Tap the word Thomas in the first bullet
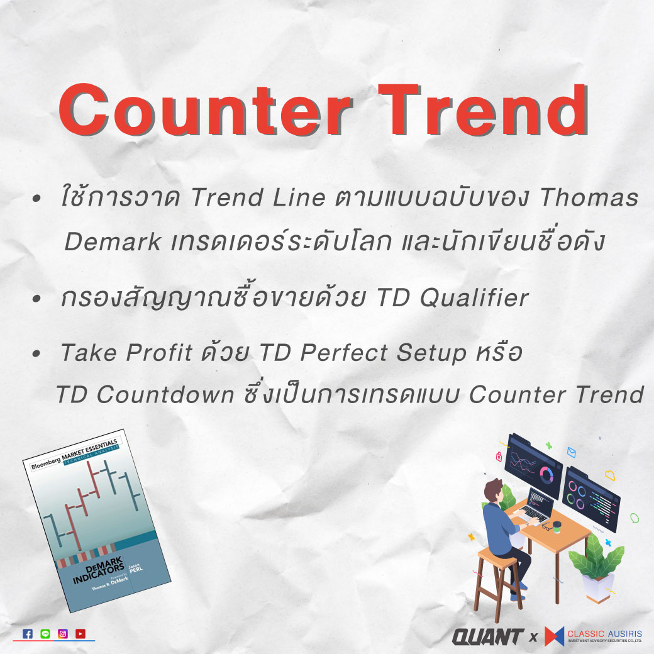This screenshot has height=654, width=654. pyautogui.click(x=589, y=197)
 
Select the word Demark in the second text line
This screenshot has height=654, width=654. pyautogui.click(x=113, y=241)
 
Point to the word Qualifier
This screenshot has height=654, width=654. pyautogui.click(x=475, y=298)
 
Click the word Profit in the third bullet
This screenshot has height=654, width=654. pyautogui.click(x=159, y=352)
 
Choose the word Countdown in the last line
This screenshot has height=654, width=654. pyautogui.click(x=165, y=394)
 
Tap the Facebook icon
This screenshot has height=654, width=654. pyautogui.click(x=28, y=634)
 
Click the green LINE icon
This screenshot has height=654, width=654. pyautogui.click(x=45, y=634)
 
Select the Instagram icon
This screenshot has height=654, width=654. pyautogui.click(x=63, y=634)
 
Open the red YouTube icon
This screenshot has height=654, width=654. pyautogui.click(x=80, y=634)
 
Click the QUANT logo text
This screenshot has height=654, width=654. pyautogui.click(x=488, y=637)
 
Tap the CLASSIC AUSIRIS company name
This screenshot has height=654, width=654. pyautogui.click(x=604, y=634)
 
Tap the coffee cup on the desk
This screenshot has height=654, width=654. pyautogui.click(x=557, y=527)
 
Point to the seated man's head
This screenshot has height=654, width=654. pyautogui.click(x=494, y=490)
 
